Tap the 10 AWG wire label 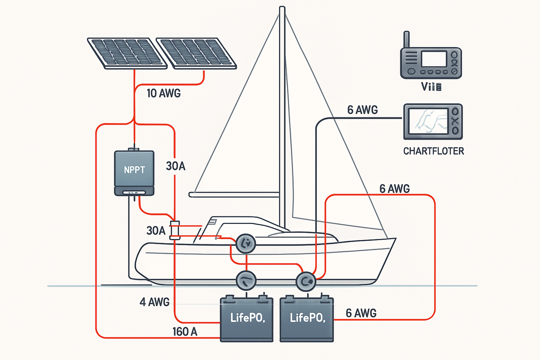163,93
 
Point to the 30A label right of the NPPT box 176,166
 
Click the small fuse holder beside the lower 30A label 175,230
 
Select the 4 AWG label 154,302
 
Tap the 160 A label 185,332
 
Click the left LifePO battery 247,319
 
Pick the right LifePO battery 307,319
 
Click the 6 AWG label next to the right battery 361,313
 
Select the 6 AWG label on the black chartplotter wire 363,110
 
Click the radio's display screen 434,59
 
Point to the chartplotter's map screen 430,121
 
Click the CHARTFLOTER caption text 433,151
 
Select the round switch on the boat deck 246,244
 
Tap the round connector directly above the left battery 246,281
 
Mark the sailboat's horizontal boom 234,195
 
